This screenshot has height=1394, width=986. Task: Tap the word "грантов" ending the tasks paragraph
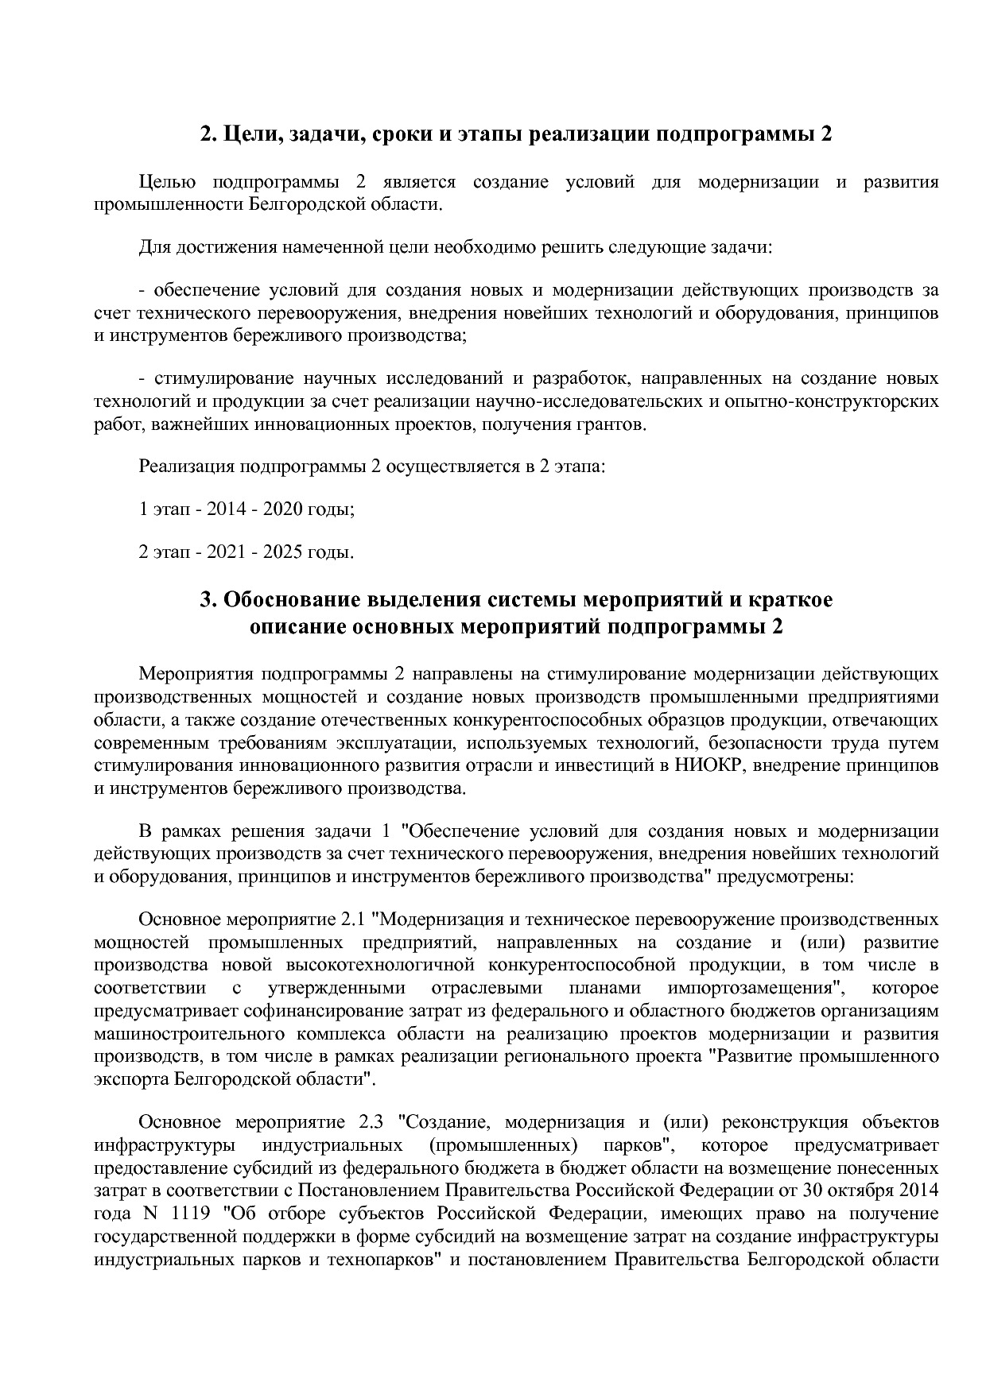(615, 424)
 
